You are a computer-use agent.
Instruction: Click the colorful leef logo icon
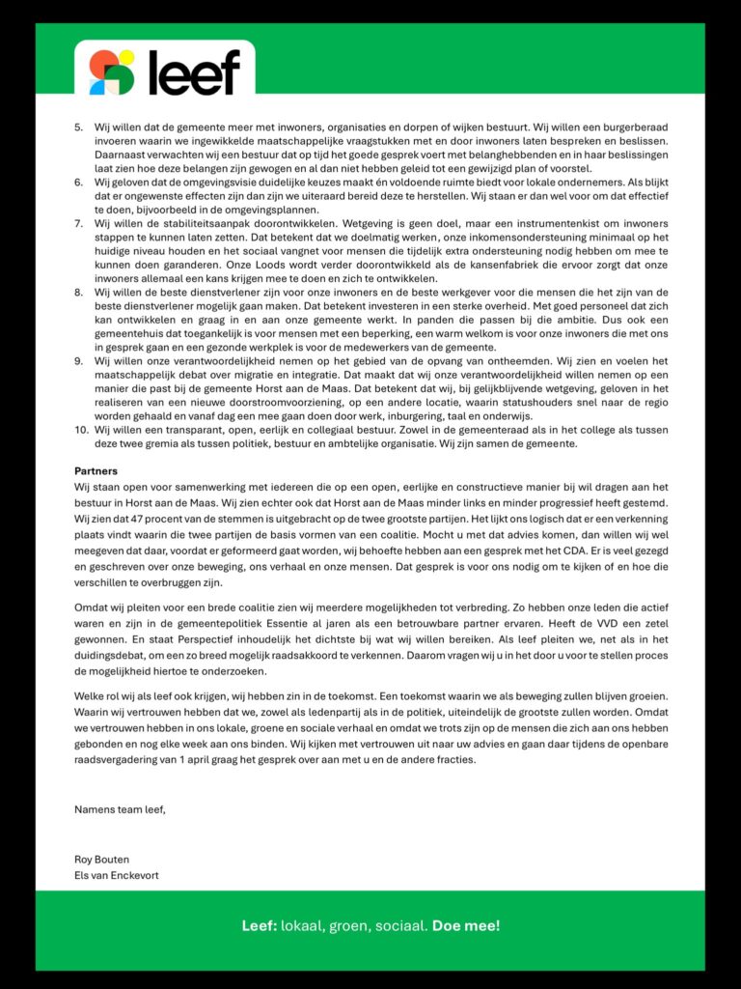[x=111, y=72]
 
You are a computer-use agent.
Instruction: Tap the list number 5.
[x=79, y=127]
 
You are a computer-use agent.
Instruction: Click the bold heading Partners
[x=96, y=471]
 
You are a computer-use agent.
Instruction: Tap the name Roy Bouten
[x=102, y=859]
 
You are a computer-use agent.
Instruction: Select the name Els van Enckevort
[x=117, y=875]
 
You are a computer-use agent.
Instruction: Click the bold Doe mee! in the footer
[x=466, y=926]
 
